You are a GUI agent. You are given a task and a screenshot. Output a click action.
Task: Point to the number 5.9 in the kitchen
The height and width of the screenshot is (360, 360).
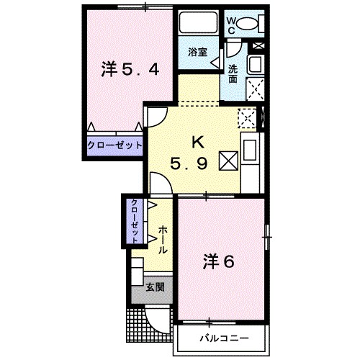(189, 163)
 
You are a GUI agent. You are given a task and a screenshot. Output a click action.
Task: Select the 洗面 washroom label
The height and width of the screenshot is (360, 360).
(235, 73)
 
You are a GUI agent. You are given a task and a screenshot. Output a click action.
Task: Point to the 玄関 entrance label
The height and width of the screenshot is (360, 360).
(155, 287)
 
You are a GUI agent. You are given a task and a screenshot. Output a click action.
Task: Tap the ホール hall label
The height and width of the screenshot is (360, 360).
(163, 240)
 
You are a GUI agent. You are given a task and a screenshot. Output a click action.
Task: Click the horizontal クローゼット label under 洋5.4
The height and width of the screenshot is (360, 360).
(114, 145)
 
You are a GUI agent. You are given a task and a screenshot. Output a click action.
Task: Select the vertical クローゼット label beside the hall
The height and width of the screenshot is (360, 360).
(135, 221)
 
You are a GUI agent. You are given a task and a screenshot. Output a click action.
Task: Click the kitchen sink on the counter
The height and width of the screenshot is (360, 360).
(250, 152)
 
